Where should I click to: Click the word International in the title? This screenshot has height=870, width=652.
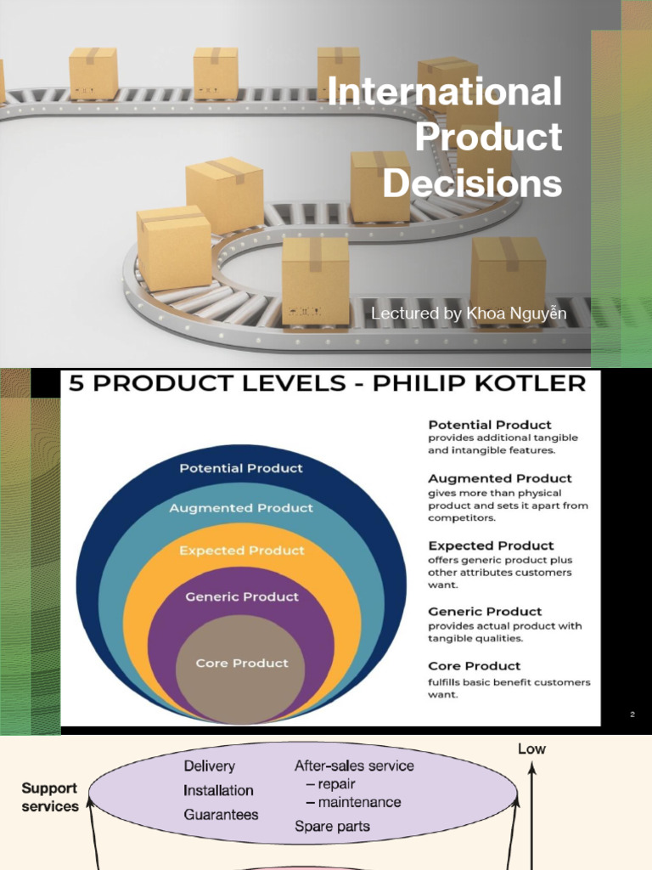point(445,92)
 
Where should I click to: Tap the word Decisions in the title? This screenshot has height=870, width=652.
point(472,184)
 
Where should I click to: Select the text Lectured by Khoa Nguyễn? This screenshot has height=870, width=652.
point(469,314)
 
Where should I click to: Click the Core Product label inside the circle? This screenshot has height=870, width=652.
point(242,663)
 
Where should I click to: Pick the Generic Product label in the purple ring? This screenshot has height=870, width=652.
point(242,596)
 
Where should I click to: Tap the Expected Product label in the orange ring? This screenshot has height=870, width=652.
point(242,551)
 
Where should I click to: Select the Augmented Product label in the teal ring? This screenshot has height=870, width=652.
point(241,508)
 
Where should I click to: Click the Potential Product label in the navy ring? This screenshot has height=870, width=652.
point(241,468)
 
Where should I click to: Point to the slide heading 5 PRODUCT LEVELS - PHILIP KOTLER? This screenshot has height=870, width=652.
point(327,384)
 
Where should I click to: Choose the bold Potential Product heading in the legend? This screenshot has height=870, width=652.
point(490,425)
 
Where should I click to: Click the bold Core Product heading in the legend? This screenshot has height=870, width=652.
point(475,666)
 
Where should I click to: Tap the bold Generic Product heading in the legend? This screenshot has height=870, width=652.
point(485,612)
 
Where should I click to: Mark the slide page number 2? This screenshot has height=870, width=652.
point(632,715)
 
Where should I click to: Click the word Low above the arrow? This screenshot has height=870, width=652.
point(531,749)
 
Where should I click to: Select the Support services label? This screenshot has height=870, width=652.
point(49,797)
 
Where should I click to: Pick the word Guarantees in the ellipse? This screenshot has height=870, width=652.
point(221,814)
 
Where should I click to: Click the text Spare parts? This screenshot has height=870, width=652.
point(332,825)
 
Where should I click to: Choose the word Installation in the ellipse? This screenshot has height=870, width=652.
point(218,790)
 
